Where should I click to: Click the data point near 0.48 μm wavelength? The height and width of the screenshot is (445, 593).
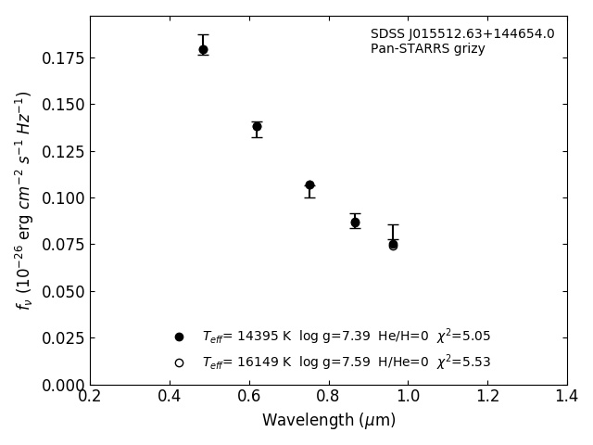pyautogui.click(x=203, y=50)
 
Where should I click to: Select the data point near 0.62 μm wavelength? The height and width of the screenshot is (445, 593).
pyautogui.click(x=257, y=126)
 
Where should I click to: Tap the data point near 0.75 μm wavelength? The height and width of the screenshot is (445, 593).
pyautogui.click(x=309, y=185)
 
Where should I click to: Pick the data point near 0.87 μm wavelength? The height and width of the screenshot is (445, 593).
pyautogui.click(x=355, y=222)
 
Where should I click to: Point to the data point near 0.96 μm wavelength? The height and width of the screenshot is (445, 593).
pyautogui.click(x=393, y=245)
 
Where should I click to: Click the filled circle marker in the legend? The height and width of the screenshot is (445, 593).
pyautogui.click(x=179, y=337)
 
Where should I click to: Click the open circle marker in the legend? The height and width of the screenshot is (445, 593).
pyautogui.click(x=179, y=362)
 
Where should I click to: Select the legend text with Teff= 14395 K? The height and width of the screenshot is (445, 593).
pyautogui.click(x=346, y=337)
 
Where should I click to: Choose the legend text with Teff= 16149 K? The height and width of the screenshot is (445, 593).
pyautogui.click(x=346, y=362)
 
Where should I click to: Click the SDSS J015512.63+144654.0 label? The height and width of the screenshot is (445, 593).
pyautogui.click(x=462, y=34)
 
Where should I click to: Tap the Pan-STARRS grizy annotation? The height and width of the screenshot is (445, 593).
pyautogui.click(x=427, y=49)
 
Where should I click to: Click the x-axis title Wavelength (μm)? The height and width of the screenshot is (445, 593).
pyautogui.click(x=329, y=421)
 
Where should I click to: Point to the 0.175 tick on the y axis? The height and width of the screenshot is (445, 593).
pyautogui.click(x=64, y=58)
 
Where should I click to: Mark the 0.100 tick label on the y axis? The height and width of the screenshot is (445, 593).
pyautogui.click(x=64, y=198)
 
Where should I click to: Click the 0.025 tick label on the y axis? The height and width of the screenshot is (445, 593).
pyautogui.click(x=64, y=338)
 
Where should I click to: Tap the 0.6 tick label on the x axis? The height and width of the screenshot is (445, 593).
pyautogui.click(x=249, y=397)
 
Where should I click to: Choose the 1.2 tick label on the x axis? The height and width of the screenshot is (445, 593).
pyautogui.click(x=487, y=397)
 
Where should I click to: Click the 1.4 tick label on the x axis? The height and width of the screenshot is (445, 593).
pyautogui.click(x=566, y=397)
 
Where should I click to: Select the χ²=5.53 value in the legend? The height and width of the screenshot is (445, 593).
pyautogui.click(x=463, y=362)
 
